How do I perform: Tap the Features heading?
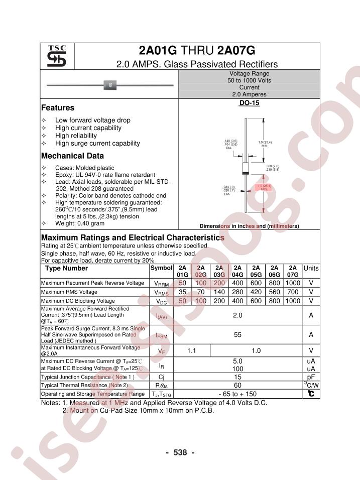click(x=58, y=108)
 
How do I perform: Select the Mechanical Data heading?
click(x=72, y=156)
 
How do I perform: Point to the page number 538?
click(x=180, y=452)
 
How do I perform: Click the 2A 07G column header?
click(x=293, y=271)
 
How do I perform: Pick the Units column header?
click(x=311, y=269)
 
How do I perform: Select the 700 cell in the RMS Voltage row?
click(x=293, y=292)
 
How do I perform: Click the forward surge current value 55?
click(x=238, y=334)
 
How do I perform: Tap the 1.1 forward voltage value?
click(x=191, y=351)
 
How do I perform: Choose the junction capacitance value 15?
click(x=238, y=377)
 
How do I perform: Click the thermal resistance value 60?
click(x=238, y=385)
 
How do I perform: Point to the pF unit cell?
click(x=311, y=377)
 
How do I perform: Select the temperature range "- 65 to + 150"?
click(x=238, y=394)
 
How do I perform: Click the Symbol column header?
click(x=161, y=269)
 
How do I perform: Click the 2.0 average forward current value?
click(x=238, y=315)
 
